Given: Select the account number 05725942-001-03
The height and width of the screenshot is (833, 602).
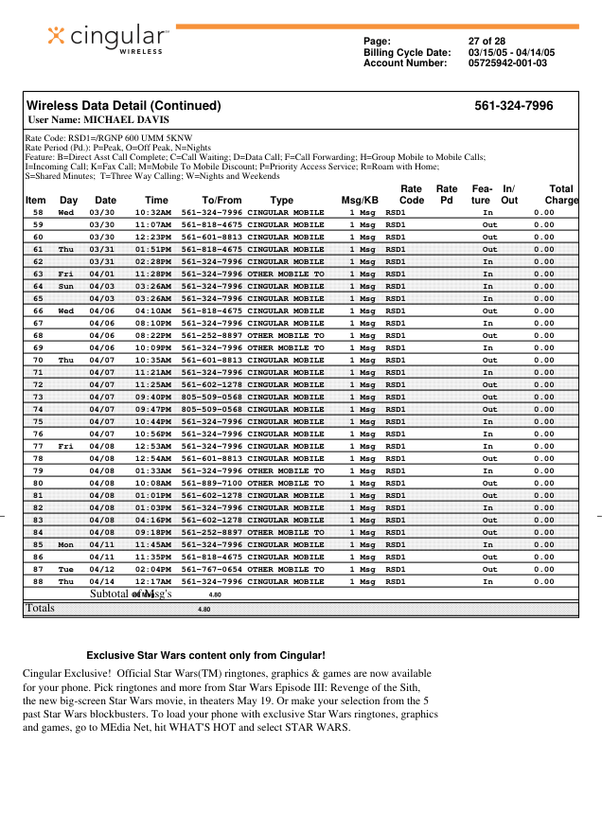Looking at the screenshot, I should click(x=507, y=63).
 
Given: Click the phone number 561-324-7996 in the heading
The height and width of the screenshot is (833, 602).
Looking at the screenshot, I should click(x=513, y=106).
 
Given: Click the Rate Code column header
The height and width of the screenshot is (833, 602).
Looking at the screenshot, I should click(x=412, y=194).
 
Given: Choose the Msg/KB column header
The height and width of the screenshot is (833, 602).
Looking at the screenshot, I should click(x=360, y=201).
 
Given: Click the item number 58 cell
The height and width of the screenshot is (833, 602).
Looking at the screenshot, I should click(x=38, y=213).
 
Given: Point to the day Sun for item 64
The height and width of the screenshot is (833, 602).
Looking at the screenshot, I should click(x=66, y=287).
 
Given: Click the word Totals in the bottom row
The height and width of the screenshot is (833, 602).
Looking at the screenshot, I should click(x=40, y=609).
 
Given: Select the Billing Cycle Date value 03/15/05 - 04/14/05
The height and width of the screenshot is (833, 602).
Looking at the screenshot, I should click(x=511, y=53).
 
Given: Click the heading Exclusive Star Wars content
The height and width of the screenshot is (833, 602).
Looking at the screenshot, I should click(x=205, y=655).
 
